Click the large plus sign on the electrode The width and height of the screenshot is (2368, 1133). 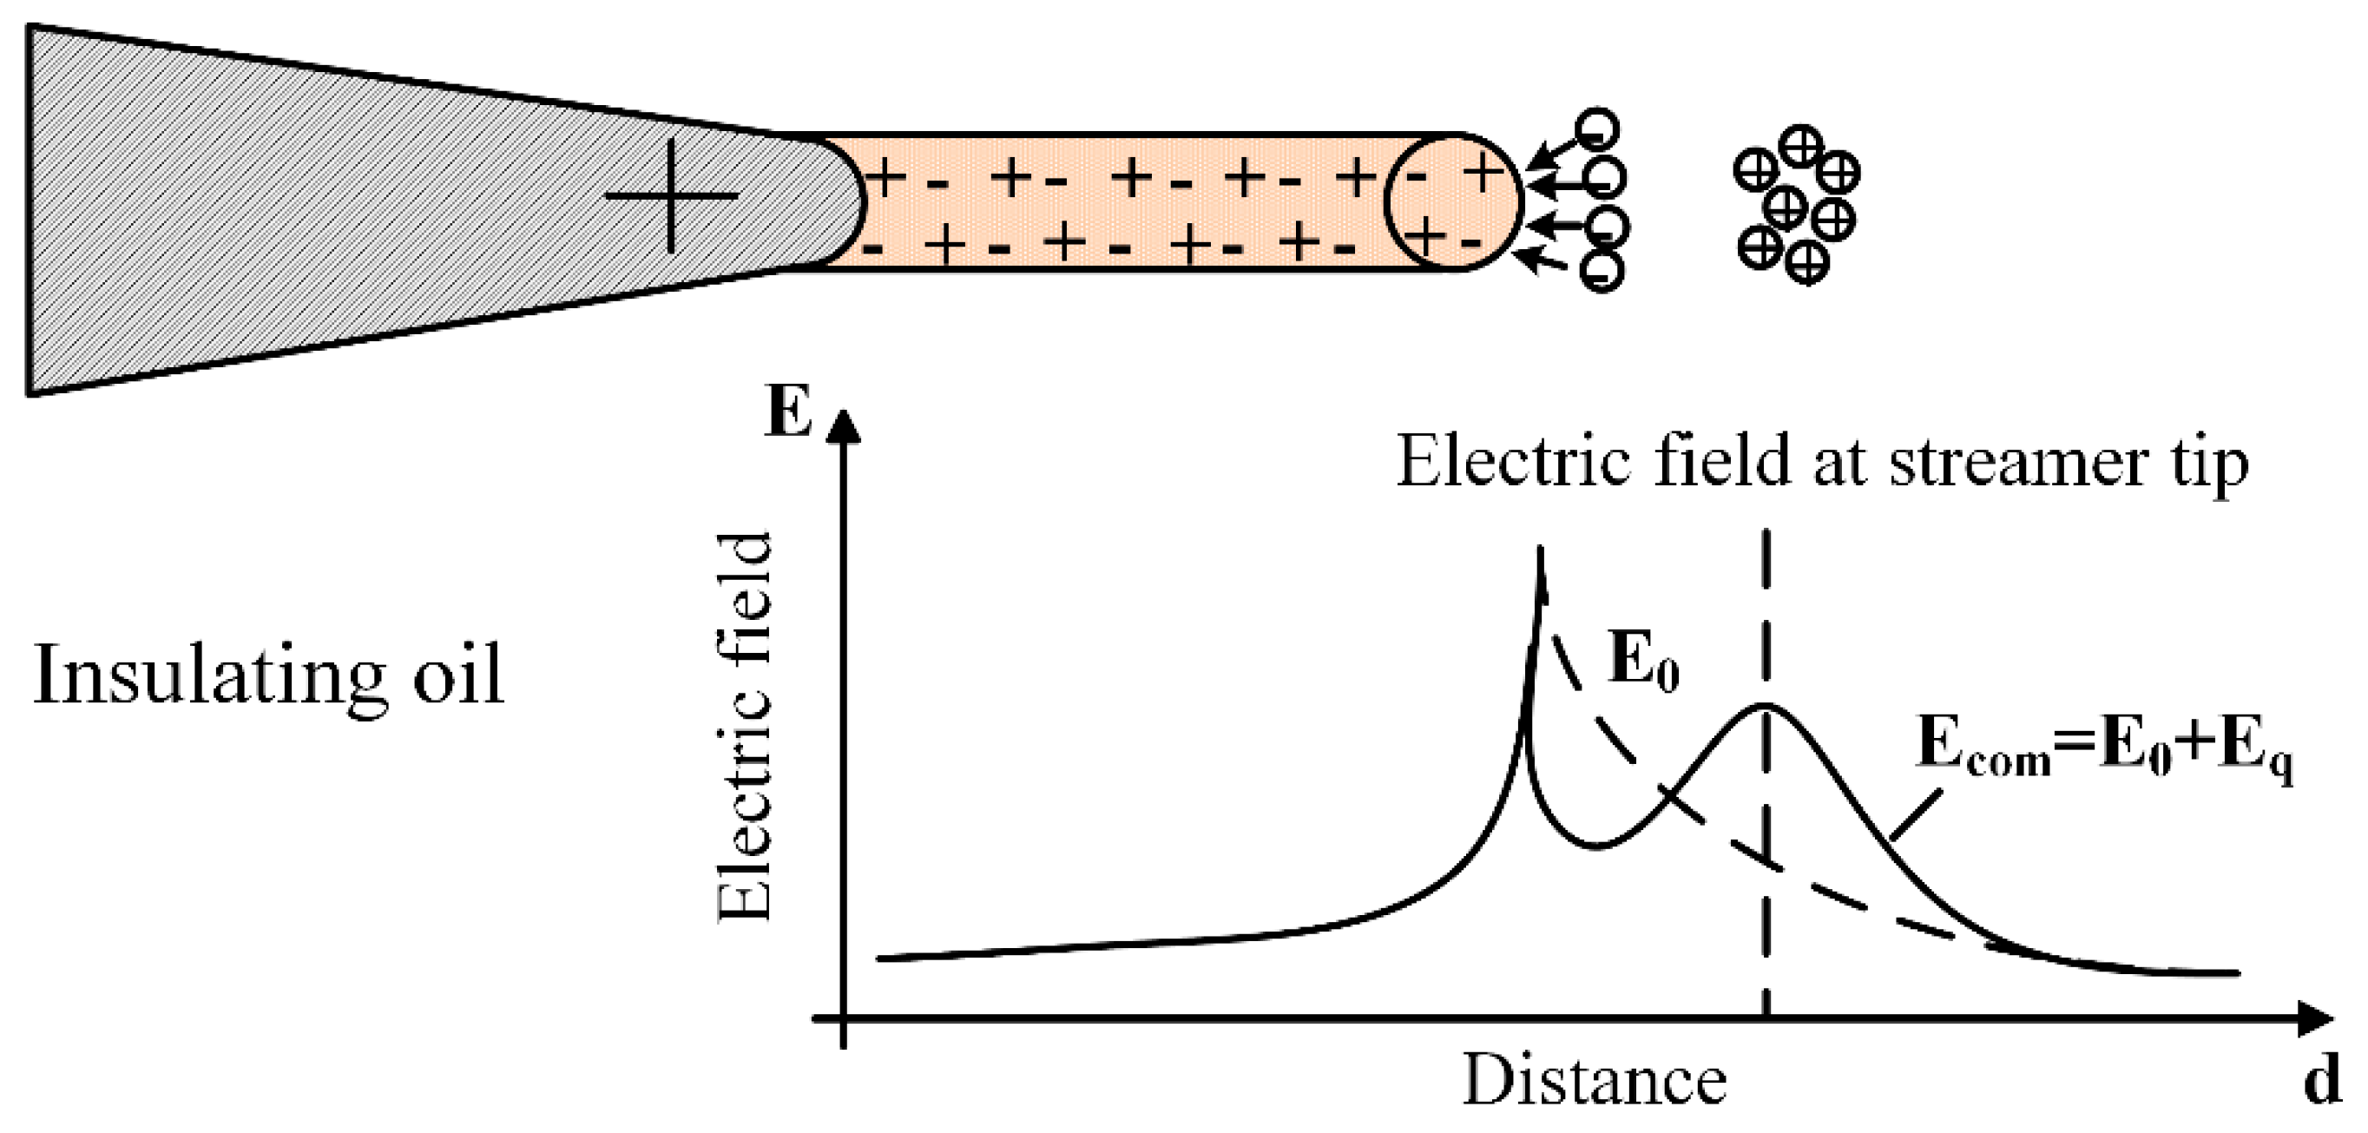click(671, 195)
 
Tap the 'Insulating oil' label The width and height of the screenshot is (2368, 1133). click(268, 676)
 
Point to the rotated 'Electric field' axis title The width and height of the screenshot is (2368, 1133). click(745, 727)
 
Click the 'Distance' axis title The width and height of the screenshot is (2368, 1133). click(1594, 1081)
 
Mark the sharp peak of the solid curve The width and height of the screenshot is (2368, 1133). click(1540, 552)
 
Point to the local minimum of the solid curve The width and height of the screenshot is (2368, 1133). click(1598, 845)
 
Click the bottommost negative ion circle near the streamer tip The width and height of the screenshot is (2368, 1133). click(1601, 270)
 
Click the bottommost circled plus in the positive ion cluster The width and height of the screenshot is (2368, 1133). click(1806, 263)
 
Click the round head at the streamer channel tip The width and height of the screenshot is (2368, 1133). click(1452, 202)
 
